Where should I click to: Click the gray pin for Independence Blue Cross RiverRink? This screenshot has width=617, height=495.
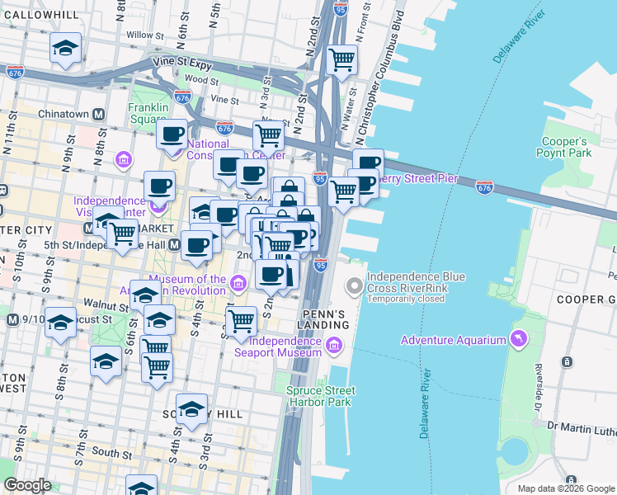pos(355,287)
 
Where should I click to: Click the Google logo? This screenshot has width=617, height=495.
pos(27,485)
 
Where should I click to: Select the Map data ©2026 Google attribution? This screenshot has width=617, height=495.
pos(565,488)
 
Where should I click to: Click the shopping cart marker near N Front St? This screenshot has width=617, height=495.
pos(341,59)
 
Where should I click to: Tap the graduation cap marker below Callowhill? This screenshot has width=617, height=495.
pos(65,48)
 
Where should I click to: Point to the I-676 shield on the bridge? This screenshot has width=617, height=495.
pos(485,189)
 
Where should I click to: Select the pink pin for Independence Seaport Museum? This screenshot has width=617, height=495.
pos(335,346)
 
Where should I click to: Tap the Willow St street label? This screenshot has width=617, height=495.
pos(140,35)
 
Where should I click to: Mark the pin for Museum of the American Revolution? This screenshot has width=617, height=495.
pos(238,285)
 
